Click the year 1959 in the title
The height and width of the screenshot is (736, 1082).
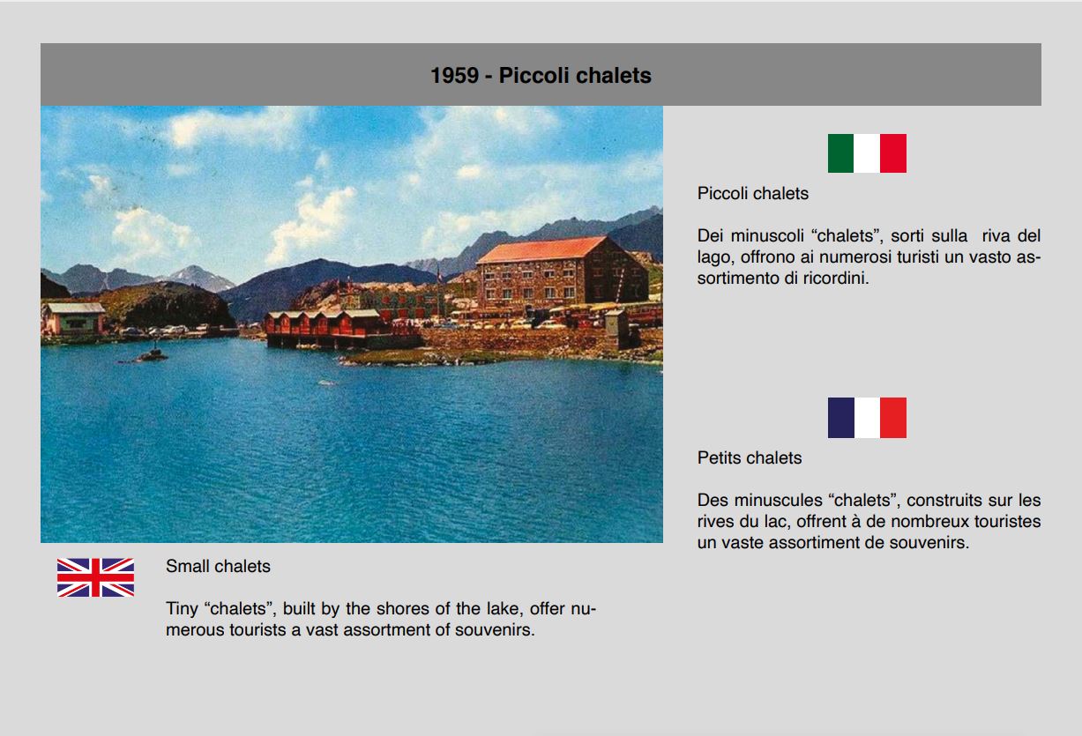tap(454, 75)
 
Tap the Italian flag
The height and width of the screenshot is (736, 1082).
tap(867, 153)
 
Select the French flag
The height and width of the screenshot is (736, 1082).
tap(867, 418)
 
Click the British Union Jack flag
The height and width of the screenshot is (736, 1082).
tap(95, 577)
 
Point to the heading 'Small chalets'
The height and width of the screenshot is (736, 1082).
tap(218, 566)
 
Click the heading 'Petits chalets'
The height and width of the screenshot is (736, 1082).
tap(750, 457)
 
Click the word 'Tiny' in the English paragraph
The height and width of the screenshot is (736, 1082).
tap(183, 609)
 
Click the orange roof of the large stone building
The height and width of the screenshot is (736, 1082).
tap(542, 249)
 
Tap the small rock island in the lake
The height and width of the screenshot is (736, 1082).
tap(151, 356)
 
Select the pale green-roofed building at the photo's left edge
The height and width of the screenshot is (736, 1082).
tap(73, 318)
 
